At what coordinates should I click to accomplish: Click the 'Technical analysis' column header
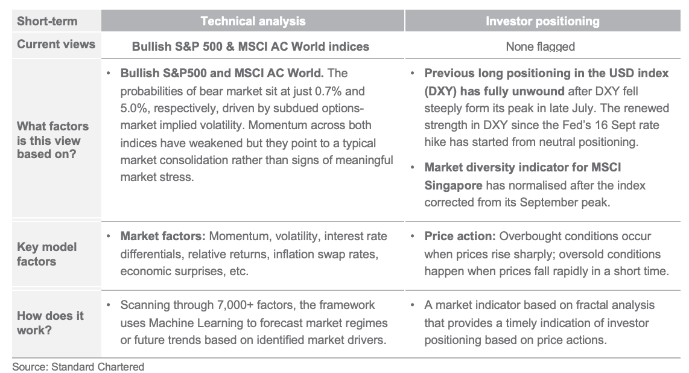coord(253,21)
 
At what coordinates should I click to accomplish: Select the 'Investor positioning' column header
coord(542,21)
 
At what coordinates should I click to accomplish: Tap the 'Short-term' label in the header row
coord(47,21)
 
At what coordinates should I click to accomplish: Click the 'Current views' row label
coord(56,44)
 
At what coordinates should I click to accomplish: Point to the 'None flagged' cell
coord(540,46)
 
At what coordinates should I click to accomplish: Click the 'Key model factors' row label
coord(46,254)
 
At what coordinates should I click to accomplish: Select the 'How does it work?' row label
coord(50,323)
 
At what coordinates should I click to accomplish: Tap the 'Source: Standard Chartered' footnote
coord(78,367)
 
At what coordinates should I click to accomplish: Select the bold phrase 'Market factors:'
coord(163,237)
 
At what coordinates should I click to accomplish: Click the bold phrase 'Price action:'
coord(460,237)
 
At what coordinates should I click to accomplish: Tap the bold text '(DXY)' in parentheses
coord(441,91)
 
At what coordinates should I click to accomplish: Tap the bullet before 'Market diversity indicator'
coord(412,167)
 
